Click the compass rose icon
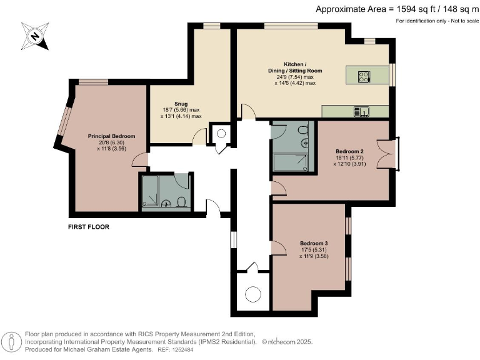(35, 36)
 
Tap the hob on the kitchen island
(364, 77)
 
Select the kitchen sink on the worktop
(362, 112)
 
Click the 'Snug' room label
(164, 105)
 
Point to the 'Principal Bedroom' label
(111, 136)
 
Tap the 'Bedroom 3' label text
(313, 243)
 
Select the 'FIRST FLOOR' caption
(88, 227)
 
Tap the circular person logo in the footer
(12, 342)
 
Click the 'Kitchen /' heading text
(294, 65)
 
